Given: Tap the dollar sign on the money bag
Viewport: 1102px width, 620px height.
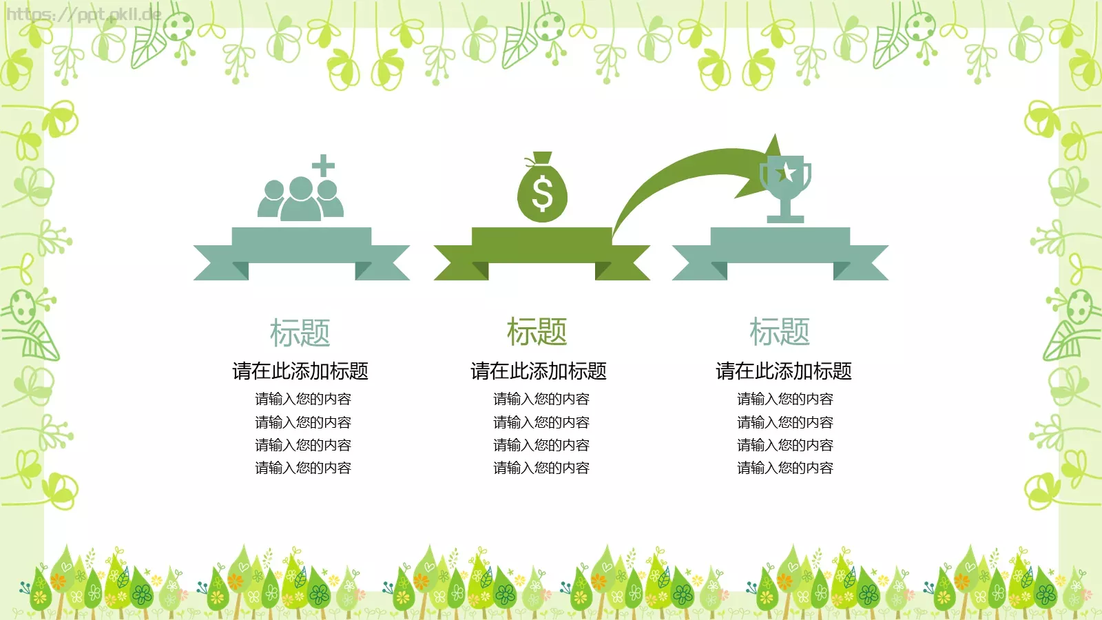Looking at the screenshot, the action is point(542,194).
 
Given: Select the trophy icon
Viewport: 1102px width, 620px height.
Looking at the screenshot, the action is point(786,189).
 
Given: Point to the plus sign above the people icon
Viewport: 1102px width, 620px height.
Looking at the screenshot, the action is point(323,165).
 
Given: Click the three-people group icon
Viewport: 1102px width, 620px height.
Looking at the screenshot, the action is point(300,198).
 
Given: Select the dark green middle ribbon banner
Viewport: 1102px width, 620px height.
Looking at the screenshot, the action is point(541,254).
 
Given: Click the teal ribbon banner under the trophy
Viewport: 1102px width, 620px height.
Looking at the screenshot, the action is point(780,254).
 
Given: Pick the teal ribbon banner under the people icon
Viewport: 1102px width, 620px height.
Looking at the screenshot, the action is point(301,254).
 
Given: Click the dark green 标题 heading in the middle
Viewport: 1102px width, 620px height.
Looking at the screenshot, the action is point(537,331).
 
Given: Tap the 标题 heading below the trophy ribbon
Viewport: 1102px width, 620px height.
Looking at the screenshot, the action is point(780,331).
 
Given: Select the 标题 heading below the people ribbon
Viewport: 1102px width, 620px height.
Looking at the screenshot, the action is point(300,333).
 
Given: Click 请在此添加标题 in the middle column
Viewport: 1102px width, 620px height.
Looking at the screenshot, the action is point(539,371).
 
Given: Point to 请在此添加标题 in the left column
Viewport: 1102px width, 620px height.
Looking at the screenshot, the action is point(300,371).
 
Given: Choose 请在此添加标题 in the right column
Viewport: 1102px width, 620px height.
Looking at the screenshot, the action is point(784,371).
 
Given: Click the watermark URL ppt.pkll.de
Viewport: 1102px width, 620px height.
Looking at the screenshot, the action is point(83,14).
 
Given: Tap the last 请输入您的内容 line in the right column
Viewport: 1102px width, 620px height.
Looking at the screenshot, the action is point(785,468).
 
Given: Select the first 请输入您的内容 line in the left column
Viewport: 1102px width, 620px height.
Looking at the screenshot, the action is point(303,399).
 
